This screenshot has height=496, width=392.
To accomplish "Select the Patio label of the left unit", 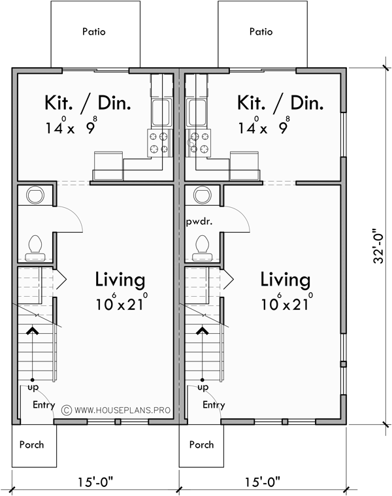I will (95, 31).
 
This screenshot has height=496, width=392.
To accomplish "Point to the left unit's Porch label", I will (31, 445).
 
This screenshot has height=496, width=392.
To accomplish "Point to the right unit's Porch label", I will (201, 445).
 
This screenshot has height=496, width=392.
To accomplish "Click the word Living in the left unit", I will (120, 280).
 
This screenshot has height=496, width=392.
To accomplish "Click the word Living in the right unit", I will (286, 280).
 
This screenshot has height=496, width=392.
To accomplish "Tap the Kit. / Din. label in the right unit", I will (280, 103).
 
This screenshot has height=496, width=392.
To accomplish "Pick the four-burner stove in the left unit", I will (157, 142).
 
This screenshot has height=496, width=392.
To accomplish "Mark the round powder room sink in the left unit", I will (35, 195).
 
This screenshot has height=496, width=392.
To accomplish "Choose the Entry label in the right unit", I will (214, 405).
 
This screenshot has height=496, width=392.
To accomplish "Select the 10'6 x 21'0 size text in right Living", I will (286, 303).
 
